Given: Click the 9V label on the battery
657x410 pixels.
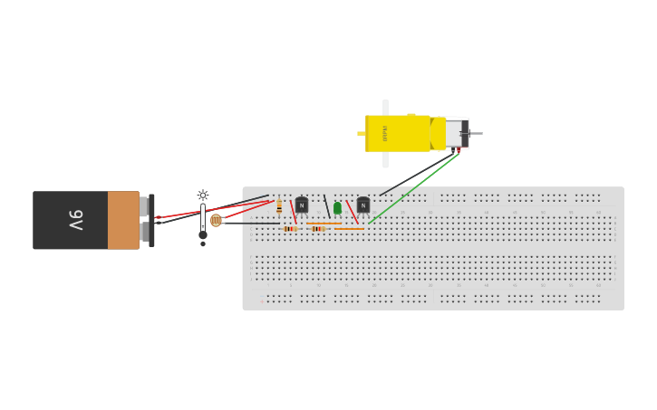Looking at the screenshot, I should tap(76, 220).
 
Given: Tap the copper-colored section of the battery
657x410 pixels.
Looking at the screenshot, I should tap(123, 220).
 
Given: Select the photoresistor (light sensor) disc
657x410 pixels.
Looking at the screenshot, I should tap(216, 220).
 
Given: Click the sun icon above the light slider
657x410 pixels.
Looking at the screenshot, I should tap(203, 195).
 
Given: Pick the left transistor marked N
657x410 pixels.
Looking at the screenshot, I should tap(302, 205).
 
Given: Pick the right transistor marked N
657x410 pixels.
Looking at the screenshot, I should tap(363, 205).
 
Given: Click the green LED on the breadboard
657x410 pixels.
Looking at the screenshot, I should tap(337, 208).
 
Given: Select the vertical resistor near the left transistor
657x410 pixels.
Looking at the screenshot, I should tap(279, 207).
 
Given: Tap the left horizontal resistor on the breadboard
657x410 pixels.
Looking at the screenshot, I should tap(290, 229).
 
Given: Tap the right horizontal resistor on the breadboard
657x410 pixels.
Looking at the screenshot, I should tap(317, 229).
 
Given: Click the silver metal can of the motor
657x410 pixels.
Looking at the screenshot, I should tap(453, 133).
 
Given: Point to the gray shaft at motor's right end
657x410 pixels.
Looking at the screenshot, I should tap(475, 134).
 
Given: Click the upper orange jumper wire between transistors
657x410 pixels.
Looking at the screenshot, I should tap(324, 224).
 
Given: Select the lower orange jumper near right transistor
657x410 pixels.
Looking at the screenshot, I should tap(350, 229).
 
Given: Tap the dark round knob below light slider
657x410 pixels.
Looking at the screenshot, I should tap(203, 235).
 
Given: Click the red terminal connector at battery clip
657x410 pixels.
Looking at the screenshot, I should tap(158, 217).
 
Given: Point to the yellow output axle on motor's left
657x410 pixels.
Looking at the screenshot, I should tap(361, 134).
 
